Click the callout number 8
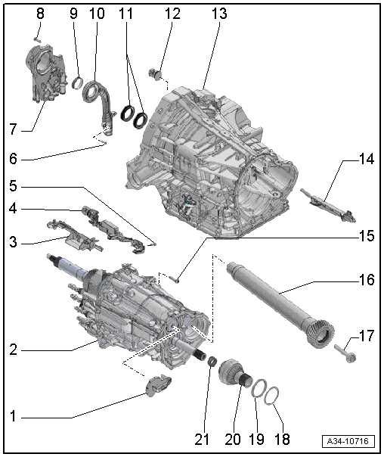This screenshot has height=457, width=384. pos(40,14)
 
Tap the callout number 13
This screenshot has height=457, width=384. pos(219,14)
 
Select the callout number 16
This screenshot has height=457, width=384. pos(367,279)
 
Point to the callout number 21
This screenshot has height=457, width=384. pos(202,440)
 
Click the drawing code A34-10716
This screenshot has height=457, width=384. pos(348,441)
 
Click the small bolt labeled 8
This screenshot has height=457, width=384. pos(36,39)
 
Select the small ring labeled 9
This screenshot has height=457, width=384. pos(77,82)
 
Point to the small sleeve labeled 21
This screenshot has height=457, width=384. pos(212,362)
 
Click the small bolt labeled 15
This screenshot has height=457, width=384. pos(174,279)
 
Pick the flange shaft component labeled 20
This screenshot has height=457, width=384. pos(235,373)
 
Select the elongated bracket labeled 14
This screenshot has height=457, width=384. pos(328,205)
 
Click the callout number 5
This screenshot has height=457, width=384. pos(13,186)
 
